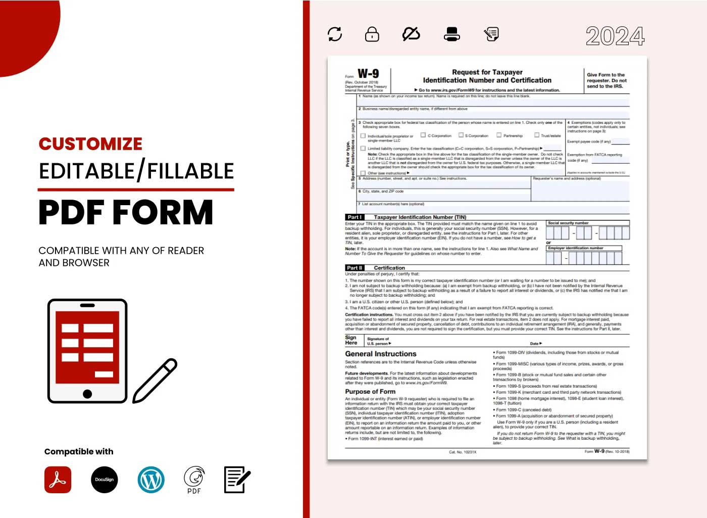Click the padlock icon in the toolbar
(x=372, y=34)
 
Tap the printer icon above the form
(x=451, y=34)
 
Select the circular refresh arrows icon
(x=335, y=34)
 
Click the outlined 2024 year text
(x=615, y=36)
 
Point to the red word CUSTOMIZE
(x=90, y=144)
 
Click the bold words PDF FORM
(x=126, y=212)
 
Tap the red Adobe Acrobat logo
(x=58, y=480)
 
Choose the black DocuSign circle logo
(x=105, y=480)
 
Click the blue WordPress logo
(x=151, y=480)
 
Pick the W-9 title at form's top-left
(x=368, y=74)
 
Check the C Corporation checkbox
(x=423, y=135)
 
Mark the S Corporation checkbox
(x=461, y=135)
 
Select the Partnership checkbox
(x=499, y=135)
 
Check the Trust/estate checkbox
(x=537, y=135)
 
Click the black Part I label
(x=355, y=217)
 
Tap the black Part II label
(x=355, y=268)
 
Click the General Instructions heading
(x=381, y=354)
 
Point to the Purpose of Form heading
(x=370, y=392)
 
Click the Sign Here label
(x=351, y=340)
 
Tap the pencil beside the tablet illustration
(x=155, y=381)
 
